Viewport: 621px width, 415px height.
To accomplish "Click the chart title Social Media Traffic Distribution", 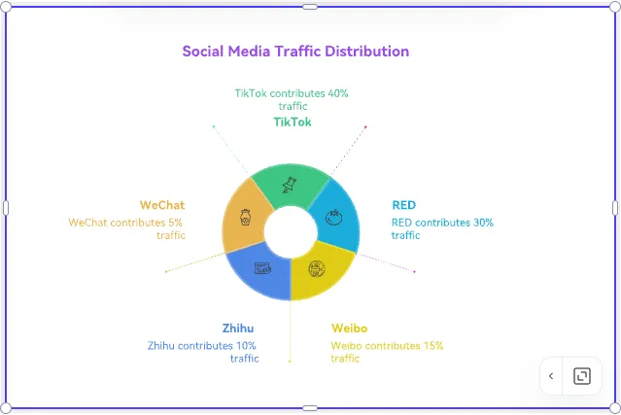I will click(295, 52).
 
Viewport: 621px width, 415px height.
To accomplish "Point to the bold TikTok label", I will click(292, 122).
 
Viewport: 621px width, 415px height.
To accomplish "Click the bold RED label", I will click(403, 205).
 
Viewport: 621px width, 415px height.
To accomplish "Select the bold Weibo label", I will click(349, 328).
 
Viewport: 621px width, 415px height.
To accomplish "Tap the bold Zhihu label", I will click(237, 328).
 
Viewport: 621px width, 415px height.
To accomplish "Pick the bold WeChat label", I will click(162, 205).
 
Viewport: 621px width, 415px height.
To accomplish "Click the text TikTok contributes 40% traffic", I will click(292, 99).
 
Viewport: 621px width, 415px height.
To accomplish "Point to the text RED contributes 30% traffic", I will click(442, 228).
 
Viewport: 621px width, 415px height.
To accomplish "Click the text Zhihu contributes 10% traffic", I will click(203, 351).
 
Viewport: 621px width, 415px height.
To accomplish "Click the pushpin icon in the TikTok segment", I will click(288, 185).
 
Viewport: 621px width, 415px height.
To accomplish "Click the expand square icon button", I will click(581, 376).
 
